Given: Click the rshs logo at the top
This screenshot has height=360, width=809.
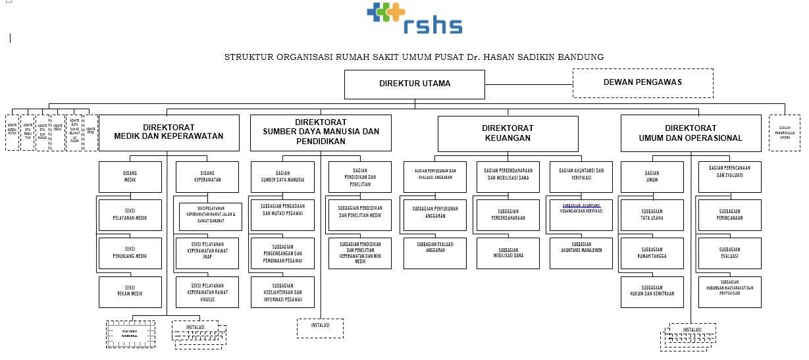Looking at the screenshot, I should click(x=415, y=18).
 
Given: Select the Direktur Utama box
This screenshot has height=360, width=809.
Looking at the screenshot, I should click(x=415, y=84).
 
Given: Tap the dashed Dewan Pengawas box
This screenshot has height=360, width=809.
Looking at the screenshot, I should click(x=642, y=83).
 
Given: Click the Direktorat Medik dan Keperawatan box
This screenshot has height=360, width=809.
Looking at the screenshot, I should click(x=169, y=132).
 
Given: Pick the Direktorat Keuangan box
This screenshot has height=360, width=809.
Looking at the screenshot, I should click(x=508, y=133).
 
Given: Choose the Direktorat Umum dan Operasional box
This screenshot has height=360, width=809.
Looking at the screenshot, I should click(x=691, y=133).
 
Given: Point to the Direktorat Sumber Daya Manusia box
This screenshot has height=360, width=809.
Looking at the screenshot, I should click(x=321, y=132).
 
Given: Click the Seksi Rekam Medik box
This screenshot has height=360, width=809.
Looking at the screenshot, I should click(x=130, y=292).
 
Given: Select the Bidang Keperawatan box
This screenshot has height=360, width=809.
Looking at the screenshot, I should click(x=207, y=176).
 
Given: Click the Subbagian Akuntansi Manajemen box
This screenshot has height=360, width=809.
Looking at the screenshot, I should click(x=581, y=253).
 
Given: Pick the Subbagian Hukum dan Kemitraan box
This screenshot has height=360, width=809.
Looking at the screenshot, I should click(x=652, y=292).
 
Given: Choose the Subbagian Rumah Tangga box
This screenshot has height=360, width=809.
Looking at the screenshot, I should click(x=652, y=253).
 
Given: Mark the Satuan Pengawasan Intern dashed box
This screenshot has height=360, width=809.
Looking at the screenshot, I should click(x=785, y=133).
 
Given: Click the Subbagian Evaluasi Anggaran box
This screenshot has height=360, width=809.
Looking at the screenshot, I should click(x=435, y=253).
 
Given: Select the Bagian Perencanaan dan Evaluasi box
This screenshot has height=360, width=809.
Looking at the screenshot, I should click(x=729, y=176).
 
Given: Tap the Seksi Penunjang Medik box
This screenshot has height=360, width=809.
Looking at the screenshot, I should click(x=130, y=253).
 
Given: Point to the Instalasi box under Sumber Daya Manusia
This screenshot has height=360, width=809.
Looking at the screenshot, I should click(x=320, y=328).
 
